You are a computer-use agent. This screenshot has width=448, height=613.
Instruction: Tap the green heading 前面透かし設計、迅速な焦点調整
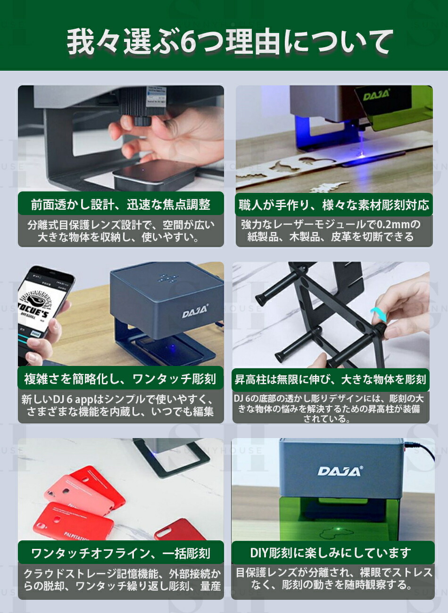point(121,205)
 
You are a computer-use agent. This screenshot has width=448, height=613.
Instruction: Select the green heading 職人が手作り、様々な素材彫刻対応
point(334,205)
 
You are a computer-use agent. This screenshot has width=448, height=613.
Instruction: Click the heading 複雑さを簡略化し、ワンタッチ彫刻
point(120,379)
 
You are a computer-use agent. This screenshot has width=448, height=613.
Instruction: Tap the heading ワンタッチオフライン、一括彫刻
point(120,553)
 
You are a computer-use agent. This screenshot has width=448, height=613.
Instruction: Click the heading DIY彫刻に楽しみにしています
point(331,553)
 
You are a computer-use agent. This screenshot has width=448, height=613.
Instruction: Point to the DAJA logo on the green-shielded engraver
point(340,471)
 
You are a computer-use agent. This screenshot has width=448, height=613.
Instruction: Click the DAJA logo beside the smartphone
point(195,312)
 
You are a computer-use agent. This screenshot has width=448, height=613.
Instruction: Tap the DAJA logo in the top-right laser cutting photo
point(376,96)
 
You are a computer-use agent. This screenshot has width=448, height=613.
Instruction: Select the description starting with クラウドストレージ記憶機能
point(121,580)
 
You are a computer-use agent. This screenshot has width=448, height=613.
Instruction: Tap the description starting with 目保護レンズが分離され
point(333,579)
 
